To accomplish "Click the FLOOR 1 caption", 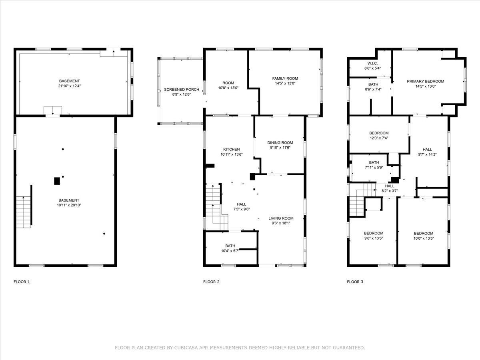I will pyautogui.click(x=22, y=282).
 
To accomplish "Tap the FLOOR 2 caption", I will pyautogui.click(x=211, y=282).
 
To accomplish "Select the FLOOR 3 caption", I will pyautogui.click(x=355, y=282).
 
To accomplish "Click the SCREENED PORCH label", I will pyautogui.click(x=181, y=90).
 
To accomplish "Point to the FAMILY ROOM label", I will pyautogui.click(x=285, y=78).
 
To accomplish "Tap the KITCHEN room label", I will pyautogui.click(x=231, y=149).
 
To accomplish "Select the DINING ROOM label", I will pyautogui.click(x=280, y=143).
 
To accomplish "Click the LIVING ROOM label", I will pyautogui.click(x=281, y=218).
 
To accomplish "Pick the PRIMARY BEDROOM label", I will pyautogui.click(x=425, y=81).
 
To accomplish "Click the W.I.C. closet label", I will pyautogui.click(x=370, y=64).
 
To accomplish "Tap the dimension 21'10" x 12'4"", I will pyautogui.click(x=69, y=86).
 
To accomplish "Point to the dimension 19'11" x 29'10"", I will pyautogui.click(x=69, y=205).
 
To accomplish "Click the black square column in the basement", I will pyautogui.click(x=57, y=181).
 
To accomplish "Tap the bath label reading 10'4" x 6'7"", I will pyautogui.click(x=230, y=251).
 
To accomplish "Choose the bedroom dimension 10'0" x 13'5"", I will pyautogui.click(x=423, y=238).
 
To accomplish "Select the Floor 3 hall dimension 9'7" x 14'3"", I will pyautogui.click(x=427, y=154).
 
